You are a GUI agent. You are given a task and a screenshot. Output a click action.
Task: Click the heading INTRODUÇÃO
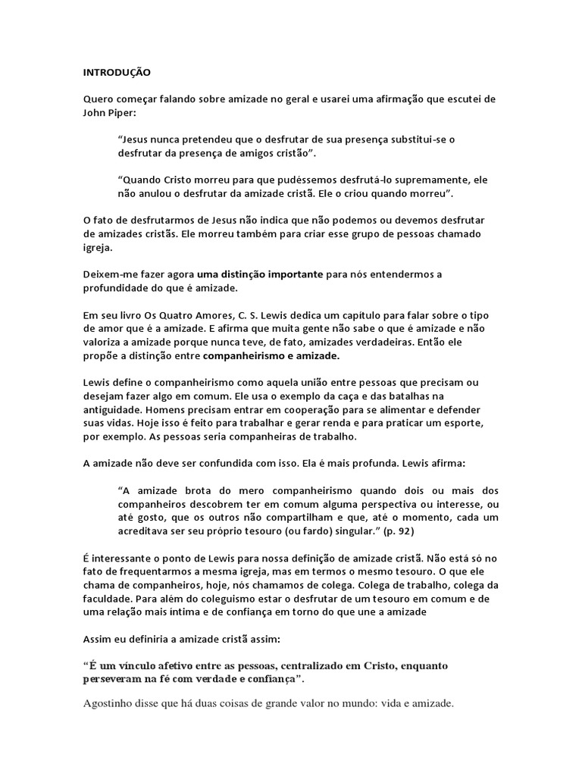click(x=117, y=73)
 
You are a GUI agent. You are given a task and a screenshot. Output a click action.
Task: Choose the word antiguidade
click(x=114, y=409)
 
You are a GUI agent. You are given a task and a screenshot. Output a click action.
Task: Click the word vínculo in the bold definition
click(x=142, y=666)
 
